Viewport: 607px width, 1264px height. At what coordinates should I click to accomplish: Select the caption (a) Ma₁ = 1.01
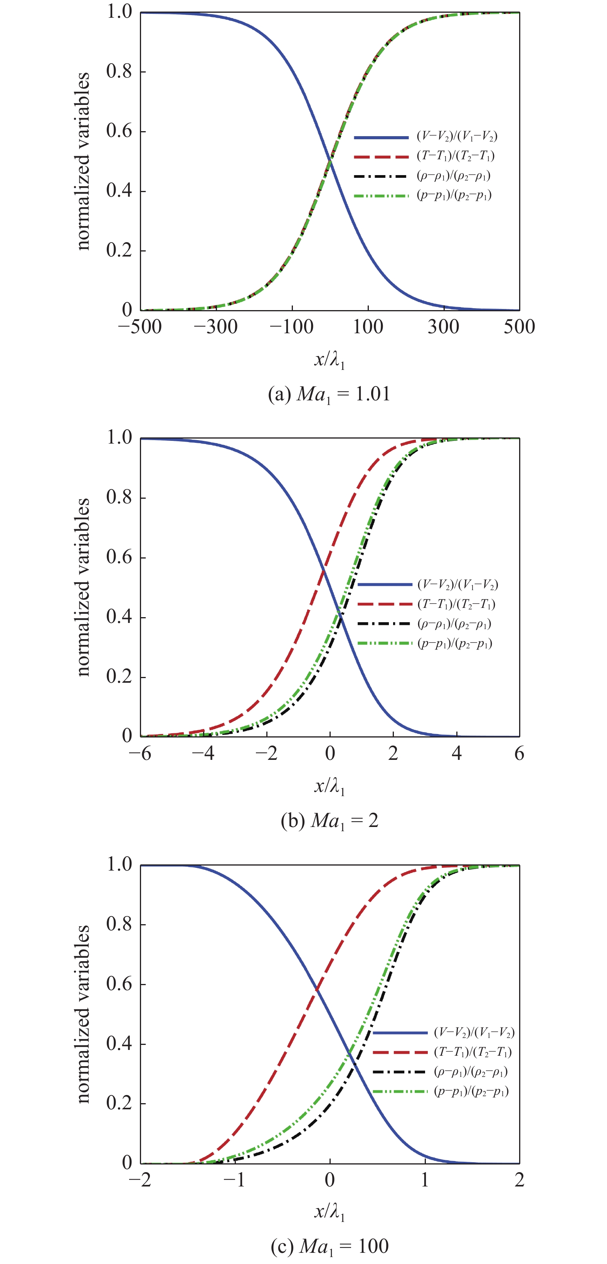click(330, 395)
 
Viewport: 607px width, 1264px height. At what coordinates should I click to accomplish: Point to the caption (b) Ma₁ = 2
click(330, 820)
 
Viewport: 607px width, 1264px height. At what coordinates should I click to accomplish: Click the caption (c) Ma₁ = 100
click(330, 1246)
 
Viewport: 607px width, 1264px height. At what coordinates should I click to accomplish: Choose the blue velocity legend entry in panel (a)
click(425, 137)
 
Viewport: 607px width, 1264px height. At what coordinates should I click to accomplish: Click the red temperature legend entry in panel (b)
click(427, 604)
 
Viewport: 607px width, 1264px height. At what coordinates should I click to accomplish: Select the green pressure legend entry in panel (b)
click(425, 643)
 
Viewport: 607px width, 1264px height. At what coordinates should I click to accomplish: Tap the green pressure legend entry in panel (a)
click(423, 195)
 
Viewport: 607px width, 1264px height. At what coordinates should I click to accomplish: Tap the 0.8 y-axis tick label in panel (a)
click(119, 72)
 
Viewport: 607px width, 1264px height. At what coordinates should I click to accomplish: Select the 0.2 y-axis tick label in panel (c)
click(119, 1104)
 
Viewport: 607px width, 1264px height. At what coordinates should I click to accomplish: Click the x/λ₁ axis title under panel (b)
click(330, 787)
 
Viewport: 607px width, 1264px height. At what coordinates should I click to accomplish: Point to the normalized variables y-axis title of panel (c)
click(83, 1014)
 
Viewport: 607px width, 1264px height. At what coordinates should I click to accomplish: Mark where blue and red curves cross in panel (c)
click(317, 989)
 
